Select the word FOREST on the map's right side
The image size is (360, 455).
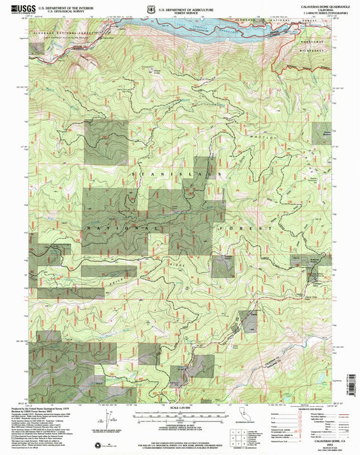click(253, 228)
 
